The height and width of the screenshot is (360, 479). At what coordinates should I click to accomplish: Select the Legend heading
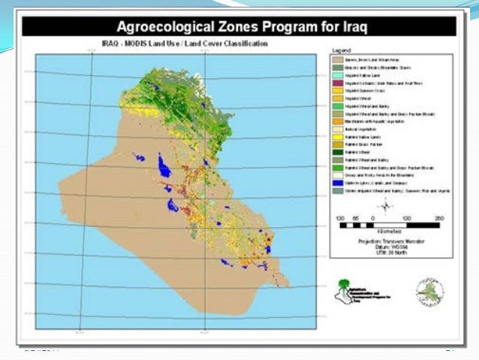click(342, 50)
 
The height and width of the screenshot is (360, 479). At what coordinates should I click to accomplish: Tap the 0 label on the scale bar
click(373, 218)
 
